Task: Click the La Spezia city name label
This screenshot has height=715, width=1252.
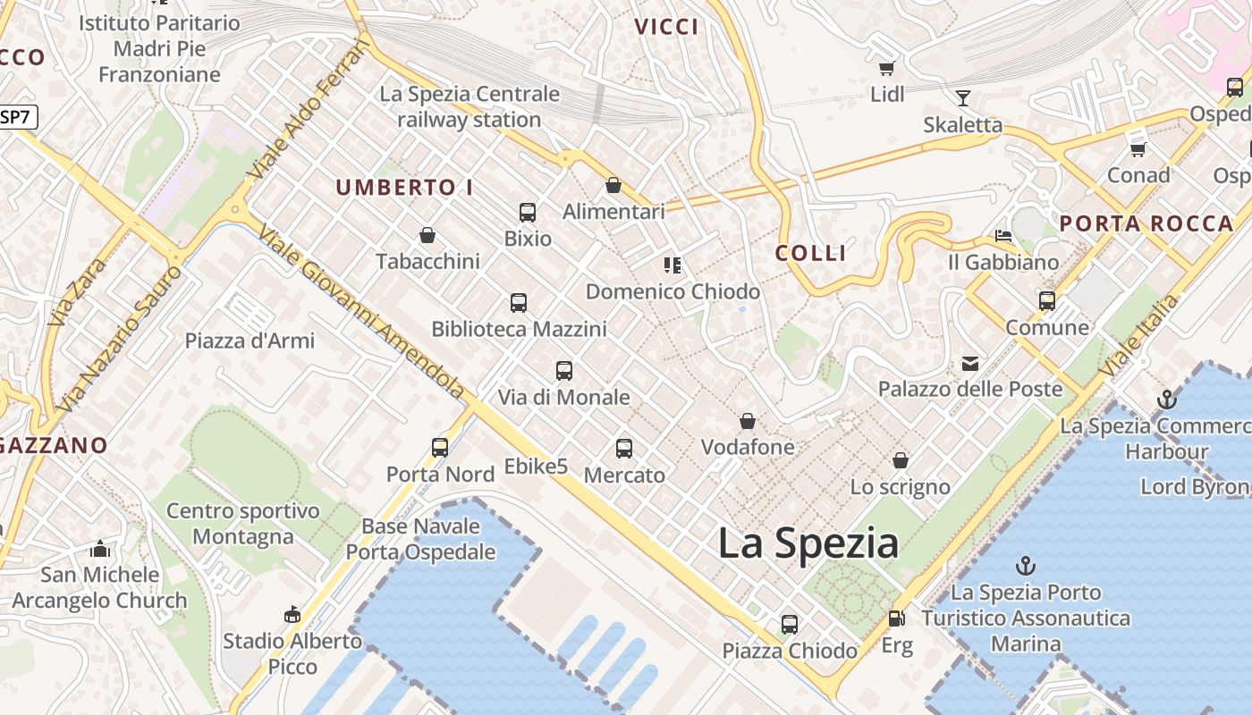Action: pos(808,543)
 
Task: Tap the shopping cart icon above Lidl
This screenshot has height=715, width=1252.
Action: pos(887,68)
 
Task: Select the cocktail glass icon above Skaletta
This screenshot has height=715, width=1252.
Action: pos(963,97)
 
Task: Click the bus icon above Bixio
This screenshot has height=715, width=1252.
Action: pos(528,213)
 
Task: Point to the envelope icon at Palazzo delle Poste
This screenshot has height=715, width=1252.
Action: pos(970,363)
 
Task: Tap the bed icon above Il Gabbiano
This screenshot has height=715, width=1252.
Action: pos(1003,236)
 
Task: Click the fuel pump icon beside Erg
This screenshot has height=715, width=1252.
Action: pos(896,618)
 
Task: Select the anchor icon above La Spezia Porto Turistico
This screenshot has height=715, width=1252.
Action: pos(1026,566)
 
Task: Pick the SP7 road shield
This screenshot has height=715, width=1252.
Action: pos(18,116)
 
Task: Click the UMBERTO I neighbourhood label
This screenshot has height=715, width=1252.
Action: pos(404,188)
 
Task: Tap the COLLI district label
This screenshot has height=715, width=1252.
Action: pos(811,253)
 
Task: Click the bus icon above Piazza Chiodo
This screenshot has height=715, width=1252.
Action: pos(790,624)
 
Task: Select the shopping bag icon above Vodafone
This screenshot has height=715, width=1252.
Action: pos(748,421)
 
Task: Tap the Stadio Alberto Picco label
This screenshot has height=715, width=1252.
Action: pos(292,653)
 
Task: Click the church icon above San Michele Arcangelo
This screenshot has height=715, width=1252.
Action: pos(100,549)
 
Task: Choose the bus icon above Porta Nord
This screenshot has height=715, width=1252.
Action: pos(440,448)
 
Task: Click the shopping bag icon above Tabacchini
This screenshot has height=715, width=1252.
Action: pos(427,236)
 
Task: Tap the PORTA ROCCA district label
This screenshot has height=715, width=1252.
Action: pos(1146,224)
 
